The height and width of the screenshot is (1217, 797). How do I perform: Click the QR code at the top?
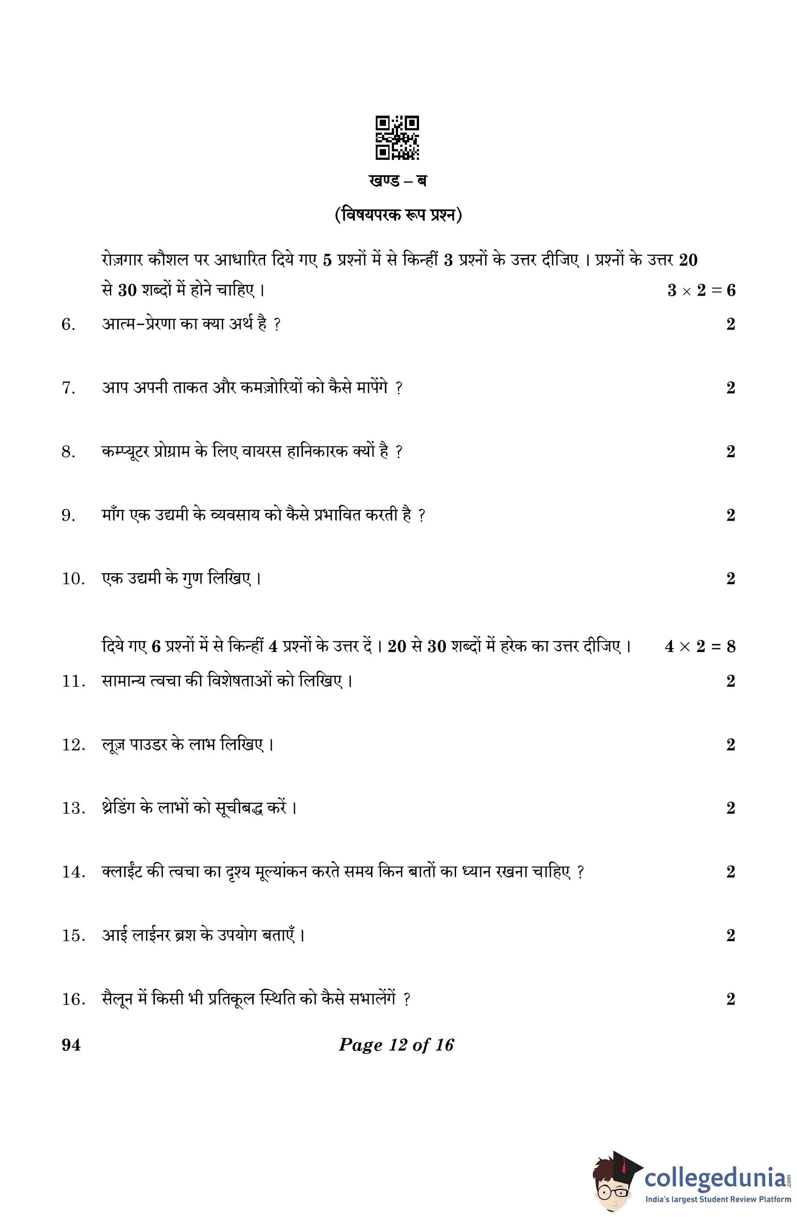(397, 138)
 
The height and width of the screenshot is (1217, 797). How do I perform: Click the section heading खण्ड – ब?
(397, 181)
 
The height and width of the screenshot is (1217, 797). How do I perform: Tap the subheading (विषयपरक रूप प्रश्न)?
(398, 216)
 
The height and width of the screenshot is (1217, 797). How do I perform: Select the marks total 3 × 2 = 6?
(701, 291)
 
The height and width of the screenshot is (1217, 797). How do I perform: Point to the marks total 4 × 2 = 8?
(699, 646)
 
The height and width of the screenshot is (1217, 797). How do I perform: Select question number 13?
(73, 809)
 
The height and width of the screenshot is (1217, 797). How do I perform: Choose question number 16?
(73, 999)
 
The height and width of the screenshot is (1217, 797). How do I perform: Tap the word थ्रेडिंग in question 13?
(120, 808)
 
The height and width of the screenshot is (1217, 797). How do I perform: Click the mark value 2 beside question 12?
(730, 745)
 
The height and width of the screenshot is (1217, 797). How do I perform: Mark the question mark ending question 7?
(399, 388)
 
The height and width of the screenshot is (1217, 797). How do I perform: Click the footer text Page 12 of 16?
(396, 1045)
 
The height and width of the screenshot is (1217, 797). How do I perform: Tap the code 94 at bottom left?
(71, 1045)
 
